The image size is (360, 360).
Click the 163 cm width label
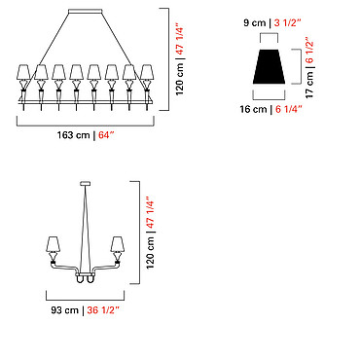point(73,135)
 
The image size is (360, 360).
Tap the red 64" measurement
point(107,134)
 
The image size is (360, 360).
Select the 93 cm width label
point(65,310)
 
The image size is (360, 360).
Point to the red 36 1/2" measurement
point(103,310)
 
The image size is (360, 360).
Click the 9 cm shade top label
point(254,23)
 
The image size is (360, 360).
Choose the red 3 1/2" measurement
point(288,23)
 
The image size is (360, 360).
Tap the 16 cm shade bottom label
point(253,109)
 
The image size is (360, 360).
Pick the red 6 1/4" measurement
point(289,109)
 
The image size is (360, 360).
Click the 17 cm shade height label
point(309,85)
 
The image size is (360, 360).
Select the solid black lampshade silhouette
point(269,66)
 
